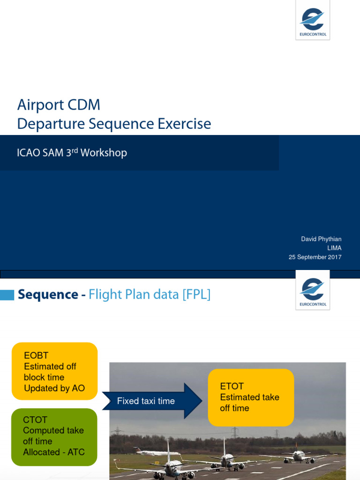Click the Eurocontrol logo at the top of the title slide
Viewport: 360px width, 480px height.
(x=313, y=20)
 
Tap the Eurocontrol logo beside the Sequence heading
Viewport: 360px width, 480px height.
(x=313, y=290)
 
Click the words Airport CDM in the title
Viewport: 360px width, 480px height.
(x=59, y=105)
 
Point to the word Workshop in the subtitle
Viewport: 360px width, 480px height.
(x=104, y=153)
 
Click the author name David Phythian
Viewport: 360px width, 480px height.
(x=321, y=239)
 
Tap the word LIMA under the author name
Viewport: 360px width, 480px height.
(x=334, y=248)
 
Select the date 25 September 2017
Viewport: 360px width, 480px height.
(x=315, y=257)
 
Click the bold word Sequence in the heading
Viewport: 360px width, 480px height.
(x=48, y=294)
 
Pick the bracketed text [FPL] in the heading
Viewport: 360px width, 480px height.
(x=196, y=294)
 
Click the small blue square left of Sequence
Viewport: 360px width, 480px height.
(x=7, y=295)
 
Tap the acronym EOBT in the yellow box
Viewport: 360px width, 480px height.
(x=36, y=356)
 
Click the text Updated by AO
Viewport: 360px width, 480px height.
(x=54, y=388)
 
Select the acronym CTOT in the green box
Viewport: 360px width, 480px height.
(x=35, y=420)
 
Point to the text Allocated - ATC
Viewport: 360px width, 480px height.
(x=54, y=452)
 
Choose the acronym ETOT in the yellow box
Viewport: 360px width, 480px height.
(x=232, y=386)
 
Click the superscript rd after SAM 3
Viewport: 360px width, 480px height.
(x=75, y=150)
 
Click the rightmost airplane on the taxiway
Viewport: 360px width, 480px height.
(x=298, y=455)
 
